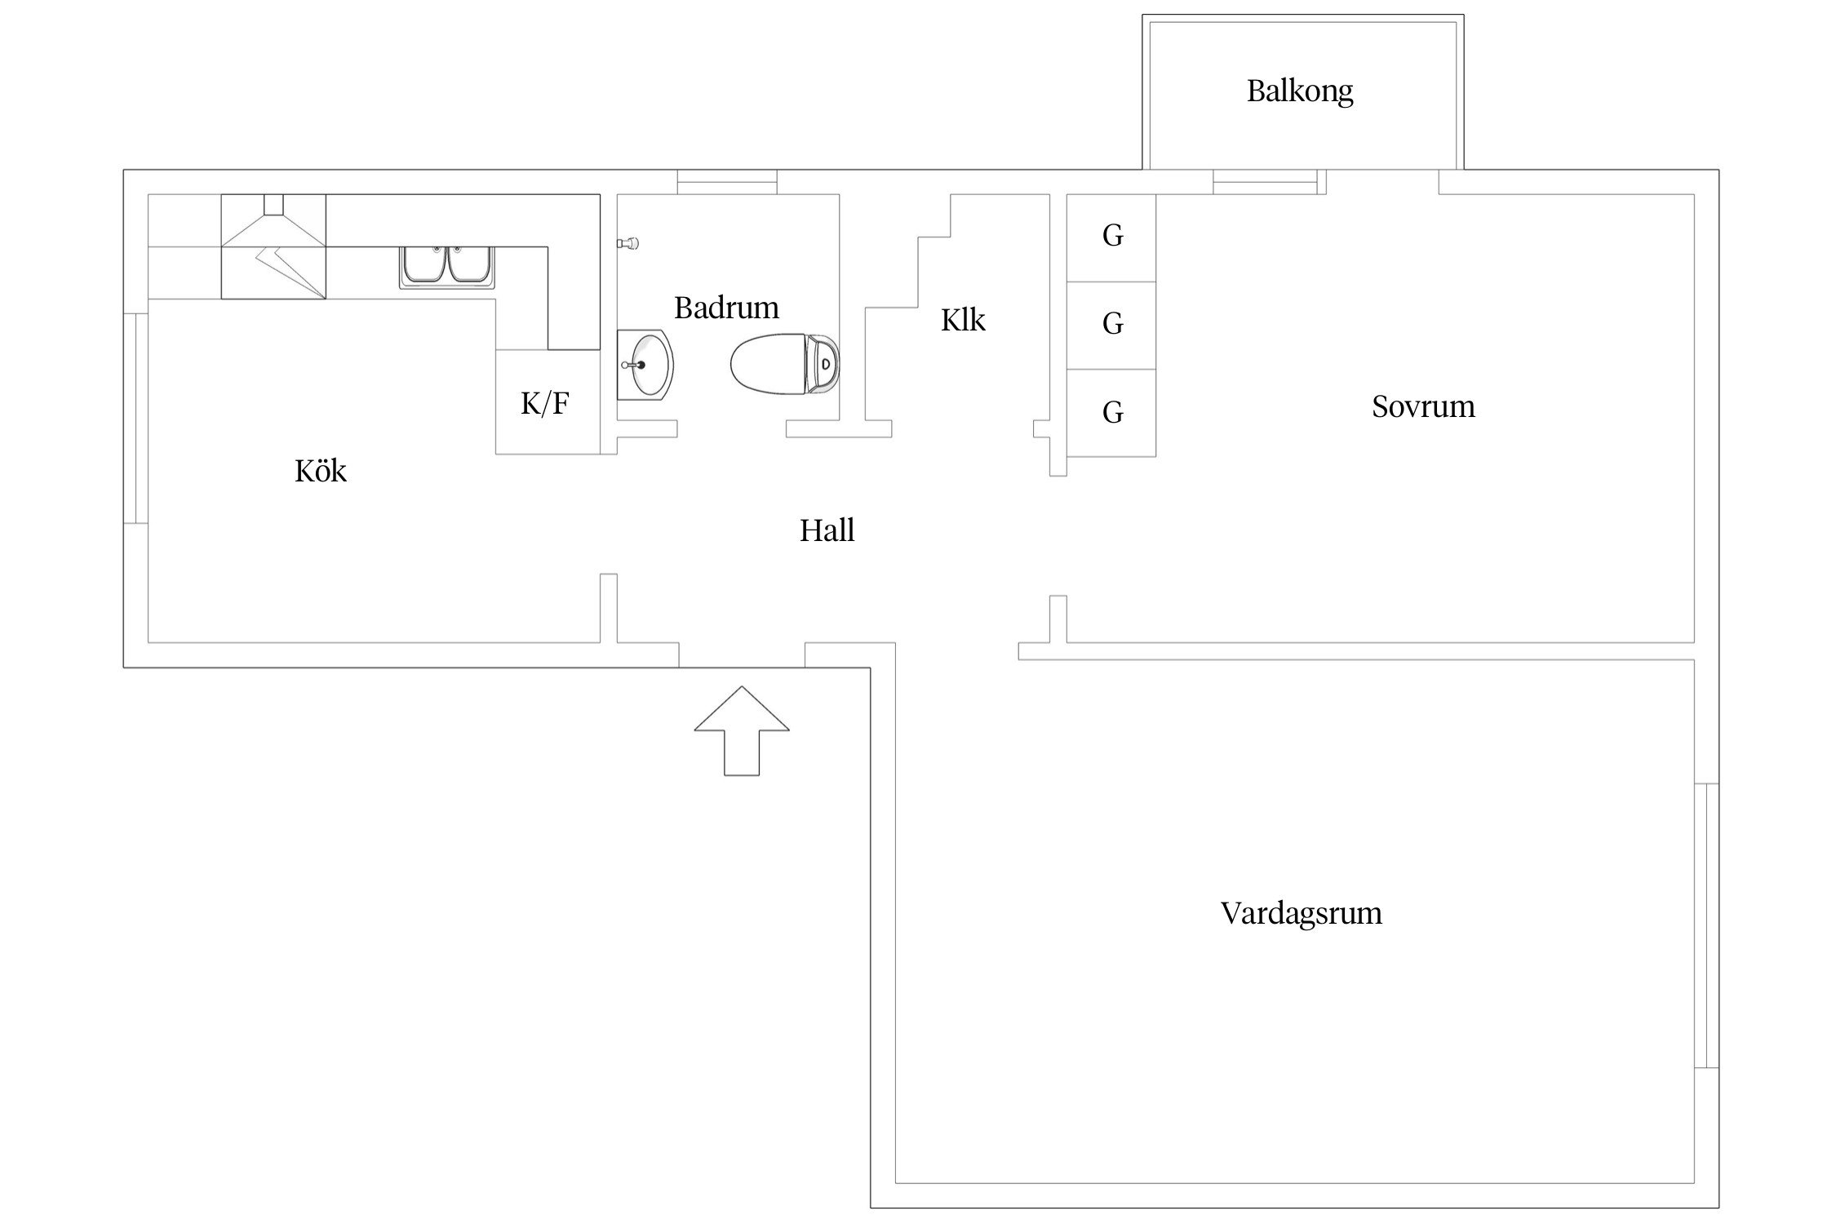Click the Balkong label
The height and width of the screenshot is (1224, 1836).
point(1299,91)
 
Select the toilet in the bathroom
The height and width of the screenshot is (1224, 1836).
point(783,363)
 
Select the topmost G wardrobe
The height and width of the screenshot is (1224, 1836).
point(1111,237)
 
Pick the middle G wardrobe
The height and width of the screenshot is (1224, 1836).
point(1111,325)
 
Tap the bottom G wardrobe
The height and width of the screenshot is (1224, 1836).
point(1111,413)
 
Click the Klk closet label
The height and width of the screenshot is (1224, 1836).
point(963,321)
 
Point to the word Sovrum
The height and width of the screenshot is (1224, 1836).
point(1423,406)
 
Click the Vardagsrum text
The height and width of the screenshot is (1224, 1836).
point(1301,913)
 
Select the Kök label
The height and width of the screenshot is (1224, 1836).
point(320,471)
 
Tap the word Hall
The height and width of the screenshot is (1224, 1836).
point(827,531)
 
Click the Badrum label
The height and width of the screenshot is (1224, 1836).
point(726,308)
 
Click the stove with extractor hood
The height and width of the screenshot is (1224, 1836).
point(273,247)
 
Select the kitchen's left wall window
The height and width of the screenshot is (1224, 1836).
point(135,418)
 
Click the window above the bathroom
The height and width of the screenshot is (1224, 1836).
point(726,181)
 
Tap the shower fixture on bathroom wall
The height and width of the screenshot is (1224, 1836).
point(629,243)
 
